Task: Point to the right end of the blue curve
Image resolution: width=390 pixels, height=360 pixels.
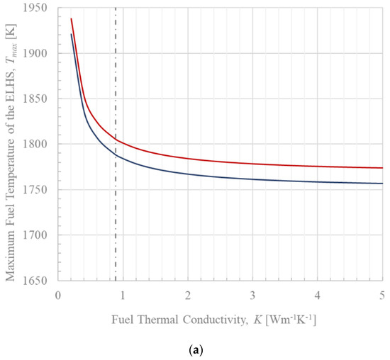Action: tap(382, 184)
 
